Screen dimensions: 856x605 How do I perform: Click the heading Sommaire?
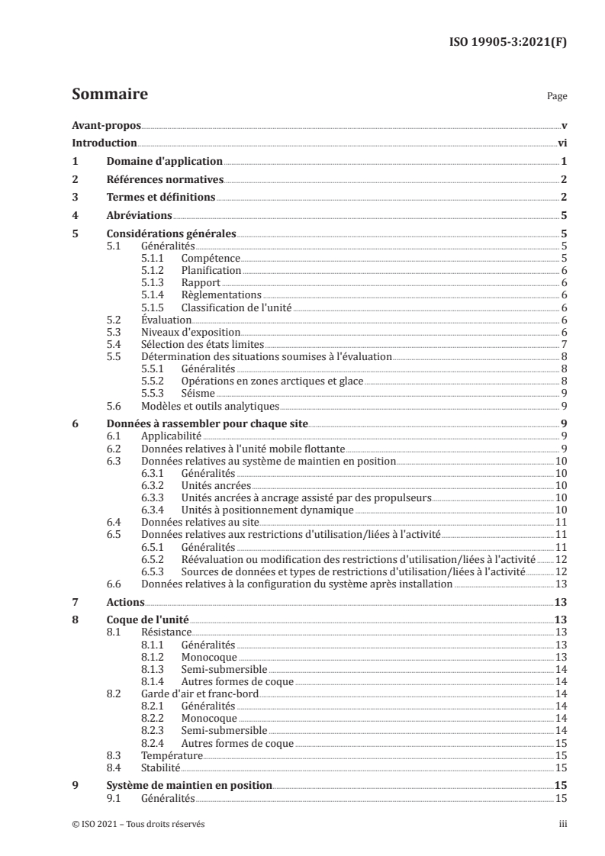(109, 95)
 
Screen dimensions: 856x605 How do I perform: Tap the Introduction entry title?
(104, 143)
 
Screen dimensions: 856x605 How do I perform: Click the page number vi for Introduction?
(562, 143)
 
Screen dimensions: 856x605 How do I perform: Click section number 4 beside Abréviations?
(75, 216)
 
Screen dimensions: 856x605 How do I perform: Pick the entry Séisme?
(198, 392)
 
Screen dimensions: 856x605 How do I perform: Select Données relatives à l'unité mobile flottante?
(245, 448)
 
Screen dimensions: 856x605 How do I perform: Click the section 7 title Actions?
(124, 602)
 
